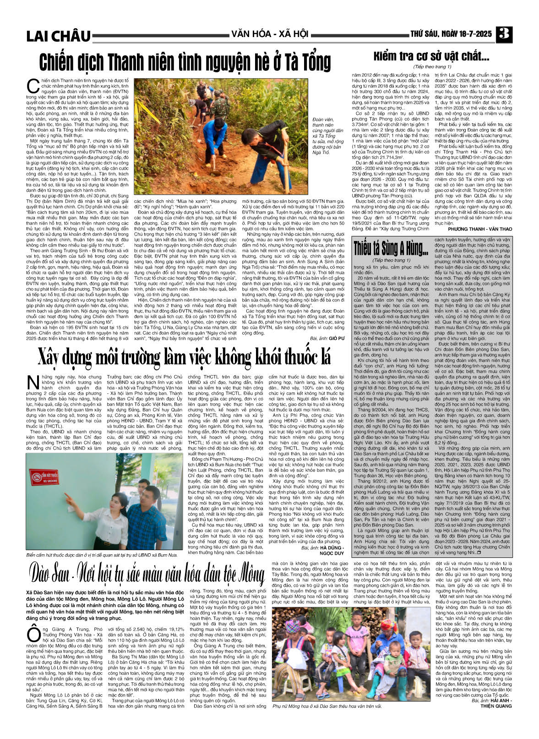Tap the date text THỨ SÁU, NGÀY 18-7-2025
[451, 34]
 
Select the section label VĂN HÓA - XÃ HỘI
[269, 33]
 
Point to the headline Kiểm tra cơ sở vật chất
[431, 57]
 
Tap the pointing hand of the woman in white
[67, 496]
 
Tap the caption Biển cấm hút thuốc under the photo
[102, 555]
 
